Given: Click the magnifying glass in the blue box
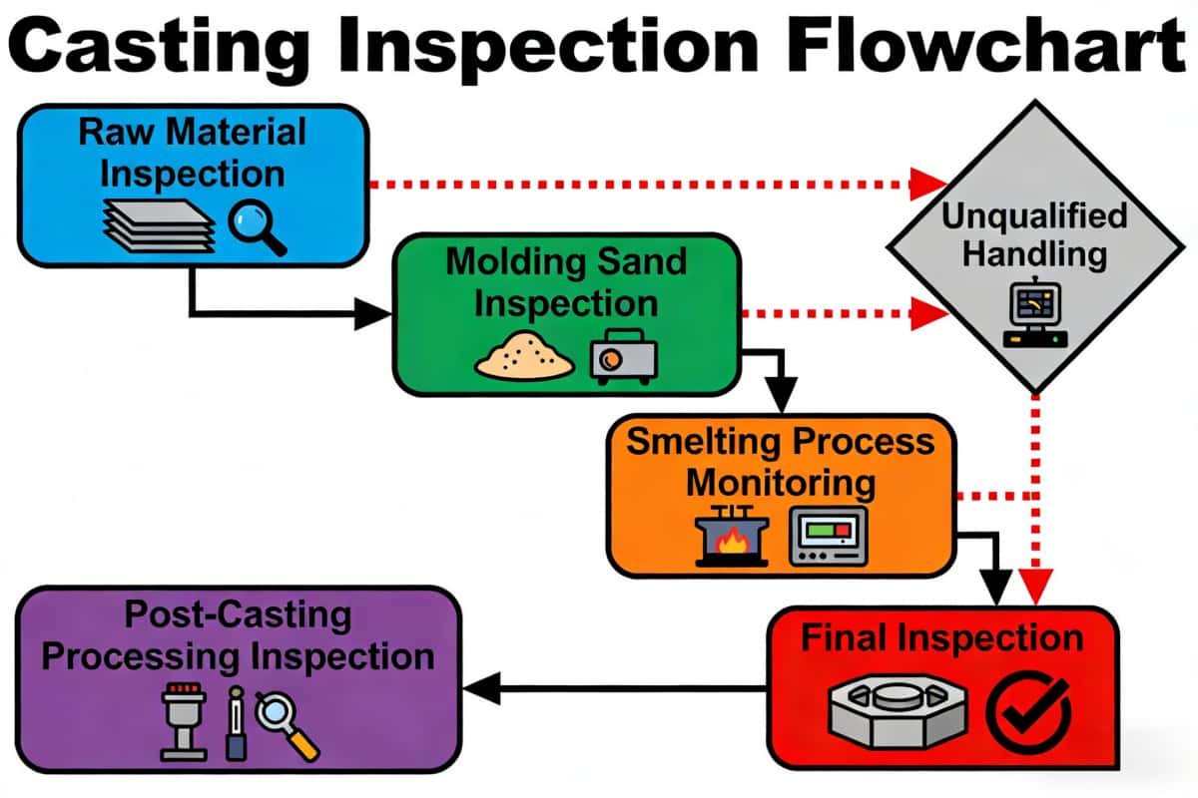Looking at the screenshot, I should (257, 225).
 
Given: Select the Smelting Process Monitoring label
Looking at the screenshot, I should (781, 461).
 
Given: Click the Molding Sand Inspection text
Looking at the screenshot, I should (566, 281).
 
